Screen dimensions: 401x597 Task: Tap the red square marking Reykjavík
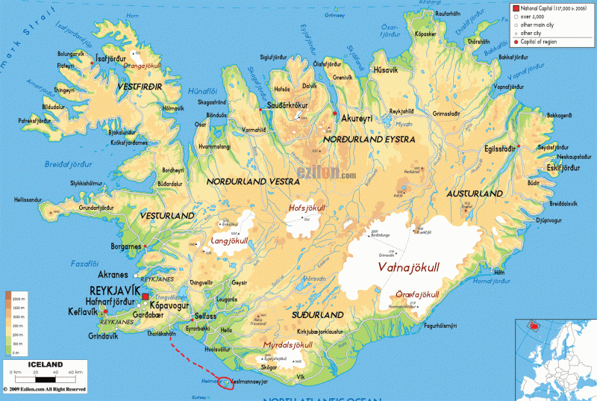point(145,298)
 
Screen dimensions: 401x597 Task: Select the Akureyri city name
point(356,119)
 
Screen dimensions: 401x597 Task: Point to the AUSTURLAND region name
point(475,193)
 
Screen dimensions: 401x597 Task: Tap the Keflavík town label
point(83,311)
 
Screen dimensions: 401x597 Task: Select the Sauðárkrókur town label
point(287,106)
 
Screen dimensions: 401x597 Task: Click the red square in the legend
point(515,7)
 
